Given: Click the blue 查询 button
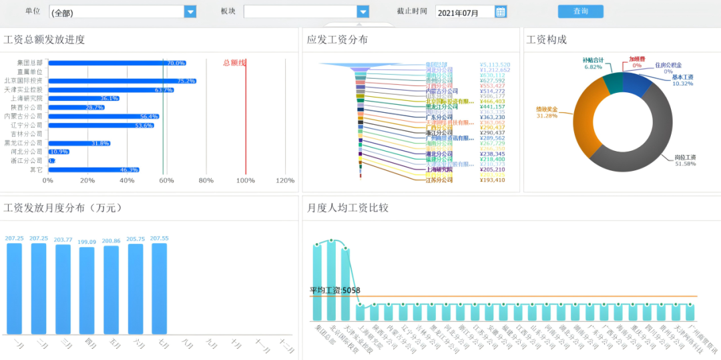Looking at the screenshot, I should [x=580, y=11].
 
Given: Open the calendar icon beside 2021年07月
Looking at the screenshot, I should [x=501, y=11].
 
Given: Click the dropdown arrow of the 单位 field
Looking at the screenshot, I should [x=190, y=11].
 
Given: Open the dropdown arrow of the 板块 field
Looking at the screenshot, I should [x=363, y=11].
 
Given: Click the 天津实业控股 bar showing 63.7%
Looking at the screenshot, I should [x=111, y=89].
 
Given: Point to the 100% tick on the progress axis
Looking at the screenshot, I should [x=246, y=180].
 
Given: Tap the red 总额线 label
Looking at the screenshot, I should [x=234, y=63].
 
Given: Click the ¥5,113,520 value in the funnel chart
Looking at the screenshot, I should [x=495, y=65].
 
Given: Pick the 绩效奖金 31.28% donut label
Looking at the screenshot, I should [x=547, y=112].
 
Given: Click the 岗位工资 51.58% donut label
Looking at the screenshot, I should [x=685, y=160].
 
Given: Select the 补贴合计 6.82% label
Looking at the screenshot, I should [x=593, y=63].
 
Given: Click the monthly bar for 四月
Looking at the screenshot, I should [x=87, y=290].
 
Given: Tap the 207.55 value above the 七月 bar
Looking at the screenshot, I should [x=160, y=238].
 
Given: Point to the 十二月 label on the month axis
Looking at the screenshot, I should [x=286, y=345].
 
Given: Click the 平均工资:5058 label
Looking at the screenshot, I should [x=335, y=291].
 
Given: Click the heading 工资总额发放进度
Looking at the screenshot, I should [x=45, y=40].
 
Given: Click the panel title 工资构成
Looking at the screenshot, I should [x=547, y=40].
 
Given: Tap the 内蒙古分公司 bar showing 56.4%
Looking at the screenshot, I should [x=103, y=116].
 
